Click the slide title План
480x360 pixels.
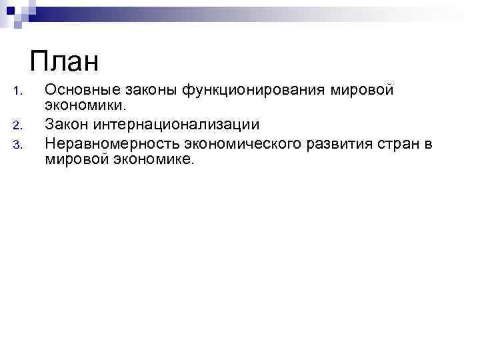coord(64,63)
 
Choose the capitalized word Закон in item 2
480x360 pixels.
coord(65,124)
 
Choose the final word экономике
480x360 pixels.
coord(151,159)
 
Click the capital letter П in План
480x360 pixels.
coord(39,63)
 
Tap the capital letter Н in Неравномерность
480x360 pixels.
coord(49,141)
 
